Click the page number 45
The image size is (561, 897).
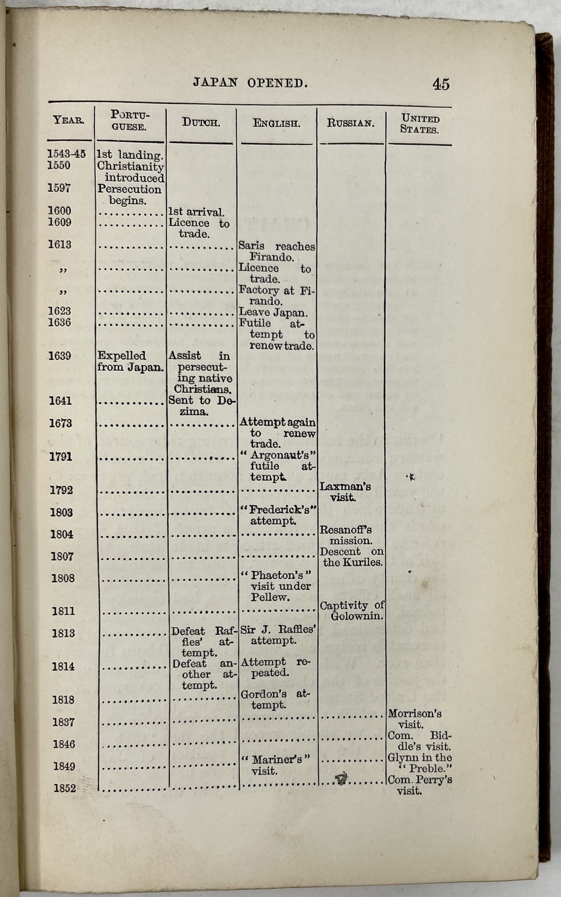coord(440,84)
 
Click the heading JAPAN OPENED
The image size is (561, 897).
coord(250,83)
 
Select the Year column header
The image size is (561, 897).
coord(68,120)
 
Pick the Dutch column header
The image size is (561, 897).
coord(201,122)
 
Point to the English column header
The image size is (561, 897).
coord(276,123)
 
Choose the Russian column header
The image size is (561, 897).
coord(351,123)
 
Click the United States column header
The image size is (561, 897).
coord(420,124)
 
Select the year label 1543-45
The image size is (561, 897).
coord(67,154)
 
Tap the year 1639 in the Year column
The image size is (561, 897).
coord(59,356)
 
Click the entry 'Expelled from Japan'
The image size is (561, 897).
coord(130,362)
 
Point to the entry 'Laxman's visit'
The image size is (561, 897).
coord(346,492)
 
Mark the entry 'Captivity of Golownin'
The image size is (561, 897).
coord(352,610)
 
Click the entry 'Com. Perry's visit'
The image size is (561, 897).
coord(420,785)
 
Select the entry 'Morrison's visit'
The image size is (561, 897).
coord(415,719)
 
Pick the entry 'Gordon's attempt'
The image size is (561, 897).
coord(274,699)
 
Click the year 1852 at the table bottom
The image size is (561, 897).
coord(65,788)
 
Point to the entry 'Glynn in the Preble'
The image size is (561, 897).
coord(420,763)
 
